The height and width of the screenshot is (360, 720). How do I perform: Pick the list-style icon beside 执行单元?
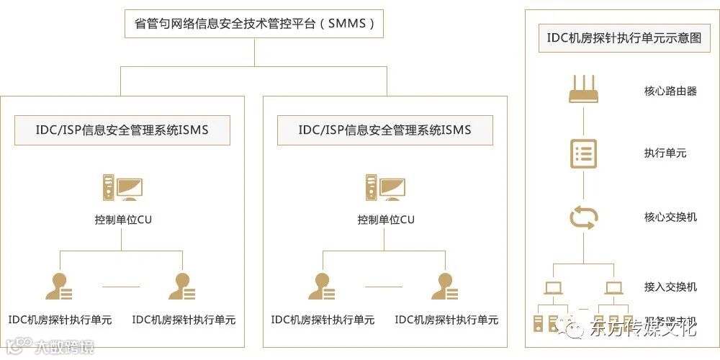[583, 153]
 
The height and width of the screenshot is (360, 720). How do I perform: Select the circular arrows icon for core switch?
[583, 217]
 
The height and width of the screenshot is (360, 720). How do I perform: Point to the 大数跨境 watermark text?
[66, 348]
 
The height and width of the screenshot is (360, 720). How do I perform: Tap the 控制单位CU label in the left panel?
[123, 220]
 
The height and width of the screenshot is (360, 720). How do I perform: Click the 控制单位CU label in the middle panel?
[386, 220]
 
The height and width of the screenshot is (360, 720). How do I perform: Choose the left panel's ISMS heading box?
[122, 130]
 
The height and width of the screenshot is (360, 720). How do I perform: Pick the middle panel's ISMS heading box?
[385, 130]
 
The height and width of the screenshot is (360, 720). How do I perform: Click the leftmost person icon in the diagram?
[59, 287]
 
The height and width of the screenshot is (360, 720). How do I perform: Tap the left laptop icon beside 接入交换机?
[553, 288]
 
